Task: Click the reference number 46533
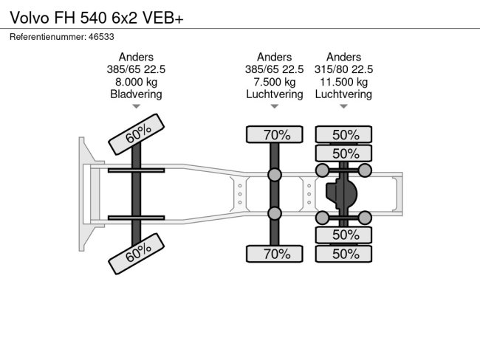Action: [x=101, y=37]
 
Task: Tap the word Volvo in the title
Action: [x=30, y=18]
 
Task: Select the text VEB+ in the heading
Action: [x=163, y=18]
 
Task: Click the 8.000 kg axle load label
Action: [x=136, y=82]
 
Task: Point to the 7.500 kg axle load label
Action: [x=275, y=82]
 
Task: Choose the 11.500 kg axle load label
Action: [x=344, y=82]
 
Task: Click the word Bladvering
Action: [x=136, y=94]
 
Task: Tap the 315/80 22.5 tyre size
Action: [x=344, y=69]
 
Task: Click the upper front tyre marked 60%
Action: [x=136, y=134]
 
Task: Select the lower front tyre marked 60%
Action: [x=136, y=254]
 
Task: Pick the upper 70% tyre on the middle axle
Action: [x=275, y=134]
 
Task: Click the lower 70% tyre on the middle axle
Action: [x=275, y=254]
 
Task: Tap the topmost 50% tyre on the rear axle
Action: [x=344, y=134]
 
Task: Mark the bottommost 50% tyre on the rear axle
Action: [x=344, y=254]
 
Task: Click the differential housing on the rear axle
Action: [x=341, y=193]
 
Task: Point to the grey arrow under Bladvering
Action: [x=136, y=106]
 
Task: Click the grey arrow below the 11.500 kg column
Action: [x=344, y=106]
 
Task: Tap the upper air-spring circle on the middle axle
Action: [x=275, y=175]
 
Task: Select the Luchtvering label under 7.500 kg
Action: [x=275, y=94]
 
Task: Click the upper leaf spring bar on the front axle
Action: [x=136, y=170]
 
